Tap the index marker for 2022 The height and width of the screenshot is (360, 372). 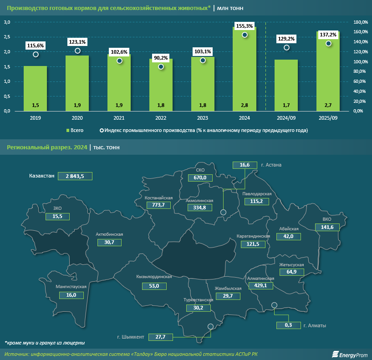[x=161, y=67]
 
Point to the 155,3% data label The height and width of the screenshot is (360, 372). [x=245, y=26]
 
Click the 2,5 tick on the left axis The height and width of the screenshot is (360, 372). [x=7, y=37]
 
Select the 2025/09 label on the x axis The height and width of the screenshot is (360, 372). [x=328, y=117]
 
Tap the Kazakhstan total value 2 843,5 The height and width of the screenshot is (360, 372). [x=75, y=176]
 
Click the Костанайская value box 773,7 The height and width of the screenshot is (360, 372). [x=158, y=205]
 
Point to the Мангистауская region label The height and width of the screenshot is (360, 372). [x=71, y=287]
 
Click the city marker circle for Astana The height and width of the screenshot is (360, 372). [x=223, y=212]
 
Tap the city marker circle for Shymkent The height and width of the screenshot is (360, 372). [x=210, y=326]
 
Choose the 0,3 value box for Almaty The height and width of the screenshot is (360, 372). [x=288, y=325]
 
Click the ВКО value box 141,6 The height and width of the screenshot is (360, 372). [x=327, y=227]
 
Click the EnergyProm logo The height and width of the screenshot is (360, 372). [x=350, y=354]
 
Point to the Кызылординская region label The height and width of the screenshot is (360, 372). [x=154, y=277]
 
